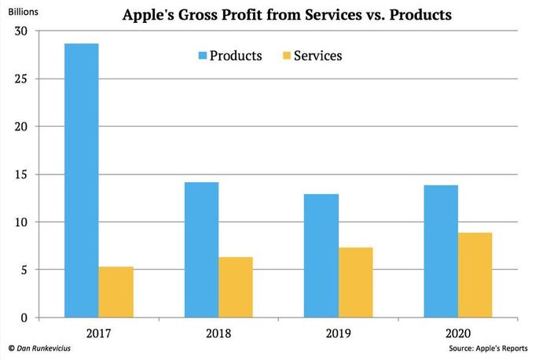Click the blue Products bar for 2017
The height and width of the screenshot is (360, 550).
(82, 180)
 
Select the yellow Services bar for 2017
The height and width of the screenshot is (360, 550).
(116, 292)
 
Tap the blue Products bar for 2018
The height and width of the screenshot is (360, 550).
(201, 250)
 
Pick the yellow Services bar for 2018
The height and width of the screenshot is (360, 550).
(236, 288)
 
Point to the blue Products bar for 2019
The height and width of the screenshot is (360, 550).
(321, 255)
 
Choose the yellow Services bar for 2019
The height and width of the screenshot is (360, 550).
(356, 282)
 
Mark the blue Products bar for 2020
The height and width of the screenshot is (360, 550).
(441, 252)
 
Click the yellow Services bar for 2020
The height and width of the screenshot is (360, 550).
(475, 275)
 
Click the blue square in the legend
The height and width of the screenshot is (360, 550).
(203, 56)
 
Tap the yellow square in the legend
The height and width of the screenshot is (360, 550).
(287, 56)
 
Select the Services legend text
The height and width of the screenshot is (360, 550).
(317, 56)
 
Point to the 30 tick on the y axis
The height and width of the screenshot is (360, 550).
(20, 31)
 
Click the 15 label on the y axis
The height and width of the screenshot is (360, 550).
(20, 174)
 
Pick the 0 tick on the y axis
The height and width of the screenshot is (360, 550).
(24, 318)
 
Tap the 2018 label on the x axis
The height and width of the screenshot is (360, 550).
(218, 333)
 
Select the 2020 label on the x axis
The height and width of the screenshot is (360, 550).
(458, 333)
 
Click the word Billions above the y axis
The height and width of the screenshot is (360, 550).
(23, 12)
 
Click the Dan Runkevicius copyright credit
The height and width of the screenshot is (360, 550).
(39, 348)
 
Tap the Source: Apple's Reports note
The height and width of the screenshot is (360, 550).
(488, 348)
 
